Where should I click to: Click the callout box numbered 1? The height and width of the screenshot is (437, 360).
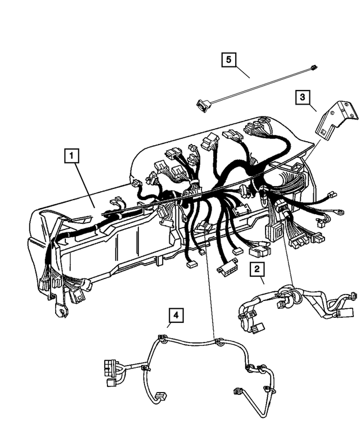(x=72, y=154)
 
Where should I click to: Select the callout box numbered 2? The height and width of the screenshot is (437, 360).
(x=257, y=269)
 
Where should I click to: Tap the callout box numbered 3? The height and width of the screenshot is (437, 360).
(x=303, y=97)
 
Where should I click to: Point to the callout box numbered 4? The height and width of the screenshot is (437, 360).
(x=176, y=316)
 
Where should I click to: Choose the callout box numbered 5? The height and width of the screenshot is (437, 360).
(x=228, y=58)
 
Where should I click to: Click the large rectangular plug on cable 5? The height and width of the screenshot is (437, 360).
(x=201, y=103)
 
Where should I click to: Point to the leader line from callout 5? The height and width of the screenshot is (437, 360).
(x=243, y=71)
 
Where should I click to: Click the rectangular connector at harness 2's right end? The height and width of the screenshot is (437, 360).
(x=349, y=312)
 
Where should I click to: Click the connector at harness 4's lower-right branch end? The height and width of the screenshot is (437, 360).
(x=236, y=391)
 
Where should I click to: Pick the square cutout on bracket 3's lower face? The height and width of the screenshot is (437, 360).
(x=326, y=130)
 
